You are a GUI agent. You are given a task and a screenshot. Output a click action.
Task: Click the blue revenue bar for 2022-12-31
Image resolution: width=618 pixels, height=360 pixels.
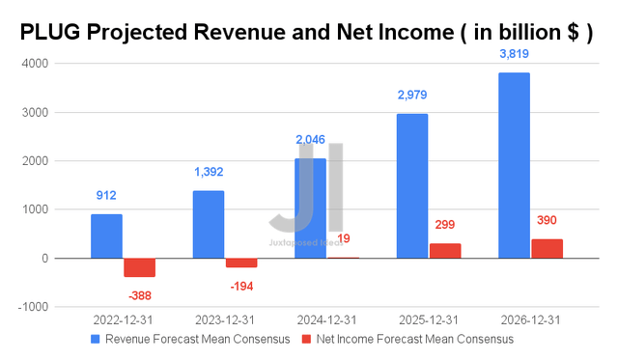point(106,236)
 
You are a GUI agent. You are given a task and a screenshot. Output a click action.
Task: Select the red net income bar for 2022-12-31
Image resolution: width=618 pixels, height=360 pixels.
point(139,267)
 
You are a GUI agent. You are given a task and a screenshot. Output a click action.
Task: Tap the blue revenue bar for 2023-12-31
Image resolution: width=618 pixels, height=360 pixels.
point(208,225)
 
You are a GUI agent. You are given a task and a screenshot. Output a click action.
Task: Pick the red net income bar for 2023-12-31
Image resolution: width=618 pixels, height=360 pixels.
point(241,263)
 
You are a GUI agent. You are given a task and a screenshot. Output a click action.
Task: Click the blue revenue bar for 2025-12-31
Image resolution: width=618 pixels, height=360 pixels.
point(411,186)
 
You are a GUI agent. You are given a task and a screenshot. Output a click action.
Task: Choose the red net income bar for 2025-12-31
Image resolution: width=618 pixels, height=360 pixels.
point(445,251)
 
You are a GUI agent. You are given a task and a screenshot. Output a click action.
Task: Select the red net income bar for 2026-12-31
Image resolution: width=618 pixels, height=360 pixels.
point(547,249)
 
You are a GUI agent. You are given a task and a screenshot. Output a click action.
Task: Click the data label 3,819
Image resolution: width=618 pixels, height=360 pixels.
point(514,55)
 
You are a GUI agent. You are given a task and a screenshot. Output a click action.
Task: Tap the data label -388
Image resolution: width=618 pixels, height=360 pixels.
point(139,295)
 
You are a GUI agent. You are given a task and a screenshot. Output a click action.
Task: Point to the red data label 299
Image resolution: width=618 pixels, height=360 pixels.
point(445,225)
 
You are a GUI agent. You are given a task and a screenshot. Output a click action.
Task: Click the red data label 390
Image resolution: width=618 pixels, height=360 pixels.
point(547,220)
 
